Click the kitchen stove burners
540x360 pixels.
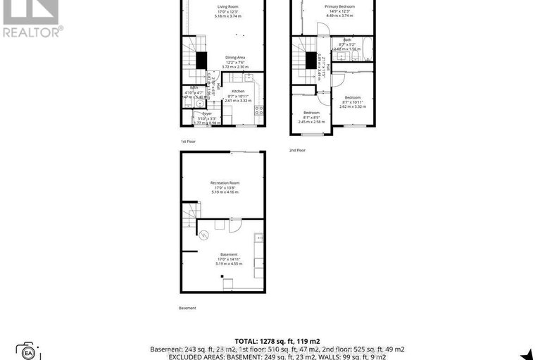tap(258, 109)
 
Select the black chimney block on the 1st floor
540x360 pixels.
tap(201, 61)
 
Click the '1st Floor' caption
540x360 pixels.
tap(188, 142)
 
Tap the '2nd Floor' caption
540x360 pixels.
tap(297, 150)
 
